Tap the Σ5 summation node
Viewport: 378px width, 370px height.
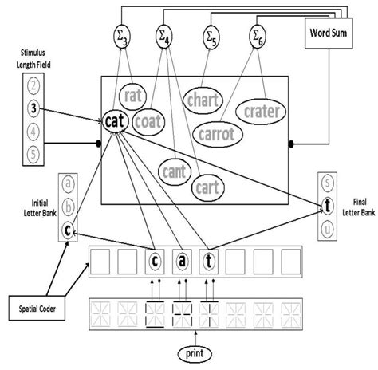(211, 36)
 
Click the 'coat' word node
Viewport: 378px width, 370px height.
(148, 124)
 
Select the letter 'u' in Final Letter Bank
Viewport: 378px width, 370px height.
(327, 227)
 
